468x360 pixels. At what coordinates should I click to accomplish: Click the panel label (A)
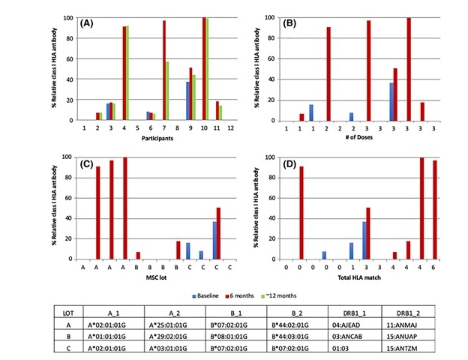87,23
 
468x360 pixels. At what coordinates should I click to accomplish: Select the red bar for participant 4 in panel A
124,73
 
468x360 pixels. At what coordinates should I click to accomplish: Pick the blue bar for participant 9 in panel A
187,101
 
